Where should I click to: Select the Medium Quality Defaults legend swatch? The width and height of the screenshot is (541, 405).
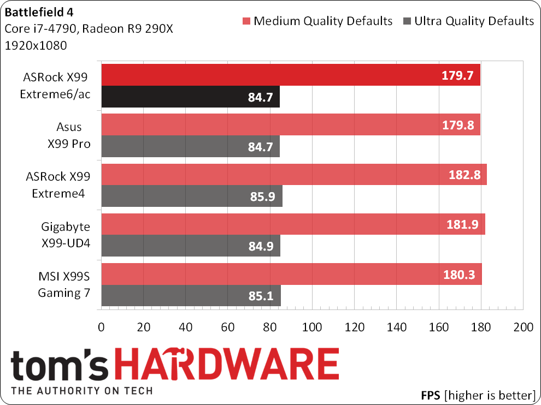[246, 22]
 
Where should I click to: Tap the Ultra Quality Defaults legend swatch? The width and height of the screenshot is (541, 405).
[407, 22]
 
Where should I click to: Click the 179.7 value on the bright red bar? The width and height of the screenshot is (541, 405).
[457, 75]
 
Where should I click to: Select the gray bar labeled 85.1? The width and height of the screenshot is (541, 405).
[191, 295]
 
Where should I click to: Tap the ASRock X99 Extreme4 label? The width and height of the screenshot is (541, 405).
[57, 186]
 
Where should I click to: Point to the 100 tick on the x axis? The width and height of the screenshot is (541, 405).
[312, 328]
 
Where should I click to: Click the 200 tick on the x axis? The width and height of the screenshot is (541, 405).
[523, 328]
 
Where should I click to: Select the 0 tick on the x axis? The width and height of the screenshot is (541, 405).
[101, 328]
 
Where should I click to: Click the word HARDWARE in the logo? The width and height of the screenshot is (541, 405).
[241, 365]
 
